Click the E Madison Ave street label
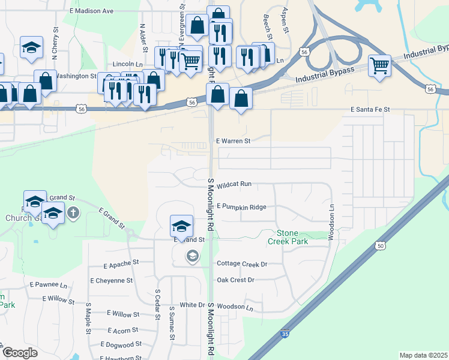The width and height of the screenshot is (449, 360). [91, 11]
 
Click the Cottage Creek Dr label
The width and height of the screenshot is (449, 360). [242, 263]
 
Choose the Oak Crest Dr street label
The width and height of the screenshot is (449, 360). [235, 280]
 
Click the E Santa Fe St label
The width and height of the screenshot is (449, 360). [370, 110]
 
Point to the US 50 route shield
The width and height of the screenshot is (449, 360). [380, 245]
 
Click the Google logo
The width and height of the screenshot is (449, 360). [20, 353]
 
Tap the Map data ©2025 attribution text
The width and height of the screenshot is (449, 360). [423, 355]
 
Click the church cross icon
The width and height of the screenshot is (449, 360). [73, 212]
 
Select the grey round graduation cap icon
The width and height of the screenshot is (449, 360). [192, 257]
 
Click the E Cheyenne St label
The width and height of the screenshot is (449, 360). [111, 280]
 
